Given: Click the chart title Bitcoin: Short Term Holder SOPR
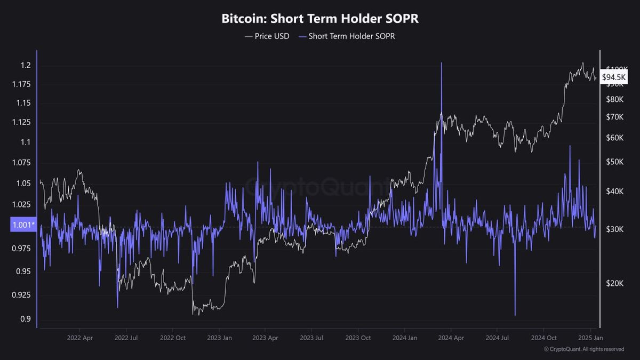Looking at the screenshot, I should click(x=320, y=19).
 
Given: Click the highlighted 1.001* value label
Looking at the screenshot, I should click(x=22, y=225).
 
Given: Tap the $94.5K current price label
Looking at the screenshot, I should click(x=614, y=77).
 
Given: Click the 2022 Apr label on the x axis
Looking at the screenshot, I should click(x=80, y=338).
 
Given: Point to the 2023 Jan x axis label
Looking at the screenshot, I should click(x=219, y=338).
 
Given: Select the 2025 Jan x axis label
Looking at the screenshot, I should click(x=590, y=338).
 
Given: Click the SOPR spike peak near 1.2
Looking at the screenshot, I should click(x=442, y=63).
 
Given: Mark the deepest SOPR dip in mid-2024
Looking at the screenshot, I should click(x=515, y=315).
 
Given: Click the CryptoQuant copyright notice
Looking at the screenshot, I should click(x=584, y=349).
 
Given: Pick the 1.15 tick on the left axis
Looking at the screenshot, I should click(x=22, y=102).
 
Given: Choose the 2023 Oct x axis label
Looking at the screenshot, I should click(x=358, y=338).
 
